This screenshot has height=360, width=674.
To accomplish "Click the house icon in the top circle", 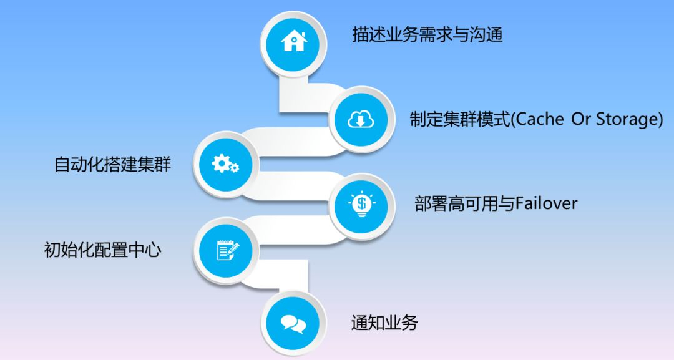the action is pyautogui.click(x=294, y=42).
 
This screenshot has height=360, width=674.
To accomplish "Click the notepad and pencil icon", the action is pyautogui.click(x=226, y=250).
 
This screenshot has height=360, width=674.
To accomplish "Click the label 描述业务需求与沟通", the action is pyautogui.click(x=427, y=34).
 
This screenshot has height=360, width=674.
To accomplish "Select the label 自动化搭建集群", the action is pyautogui.click(x=112, y=165).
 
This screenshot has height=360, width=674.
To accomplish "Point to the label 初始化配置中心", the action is pyautogui.click(x=103, y=250).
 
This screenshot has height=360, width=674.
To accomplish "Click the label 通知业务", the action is pyautogui.click(x=384, y=323).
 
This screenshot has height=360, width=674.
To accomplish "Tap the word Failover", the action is pyautogui.click(x=546, y=203).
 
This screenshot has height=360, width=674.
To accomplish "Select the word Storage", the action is pyautogui.click(x=628, y=119).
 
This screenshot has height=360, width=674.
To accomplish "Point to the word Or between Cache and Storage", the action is pyautogui.click(x=581, y=119).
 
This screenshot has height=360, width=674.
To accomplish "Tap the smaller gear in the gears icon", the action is pyautogui.click(x=234, y=168).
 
